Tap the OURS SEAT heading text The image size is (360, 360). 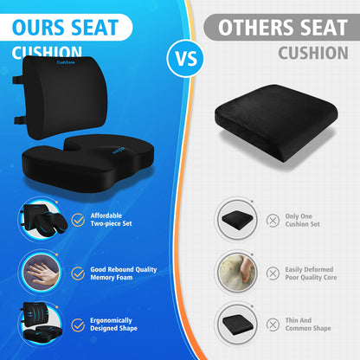tap(70, 26)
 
